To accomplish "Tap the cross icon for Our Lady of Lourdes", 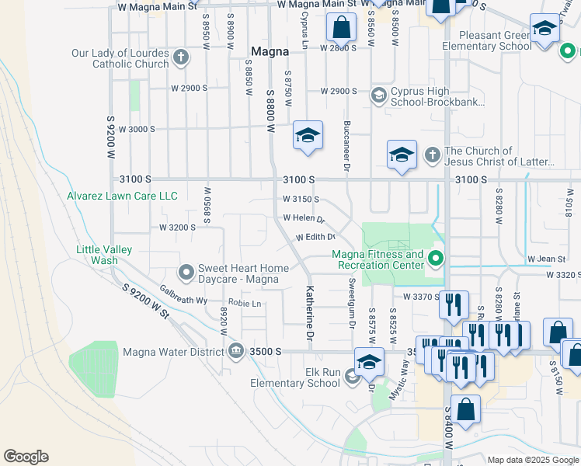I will click(181, 57).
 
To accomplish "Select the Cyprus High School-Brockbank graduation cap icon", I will click(379, 96).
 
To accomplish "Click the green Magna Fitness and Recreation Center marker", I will click(437, 259).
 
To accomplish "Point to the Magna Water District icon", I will click(235, 352).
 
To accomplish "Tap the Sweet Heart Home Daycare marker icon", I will click(186, 273).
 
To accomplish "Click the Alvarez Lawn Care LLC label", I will click(123, 196).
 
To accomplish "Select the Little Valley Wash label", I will click(104, 255).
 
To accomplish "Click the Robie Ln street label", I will click(245, 303).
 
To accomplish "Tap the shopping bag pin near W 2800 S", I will click(341, 29).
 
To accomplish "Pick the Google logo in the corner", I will click(26, 457).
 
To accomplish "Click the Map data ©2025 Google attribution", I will click(532, 460).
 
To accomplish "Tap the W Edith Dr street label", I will click(315, 237).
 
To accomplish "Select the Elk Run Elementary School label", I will click(295, 377).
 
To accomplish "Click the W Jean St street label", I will click(545, 259).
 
